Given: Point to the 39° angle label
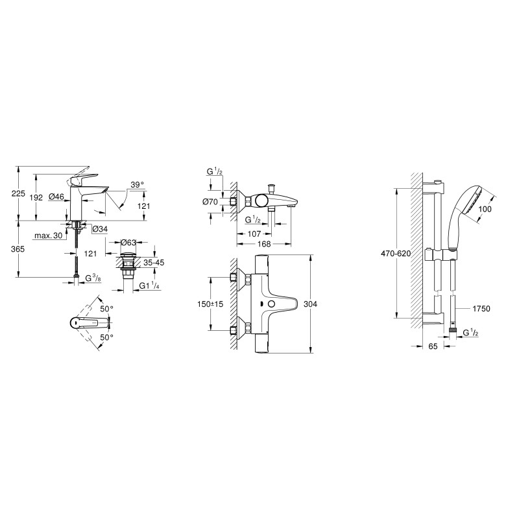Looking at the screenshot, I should tap(137, 184).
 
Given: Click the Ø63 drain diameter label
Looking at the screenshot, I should tap(128, 243).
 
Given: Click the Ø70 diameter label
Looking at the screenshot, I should tap(210, 202).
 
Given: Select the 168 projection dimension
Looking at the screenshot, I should tap(263, 244).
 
